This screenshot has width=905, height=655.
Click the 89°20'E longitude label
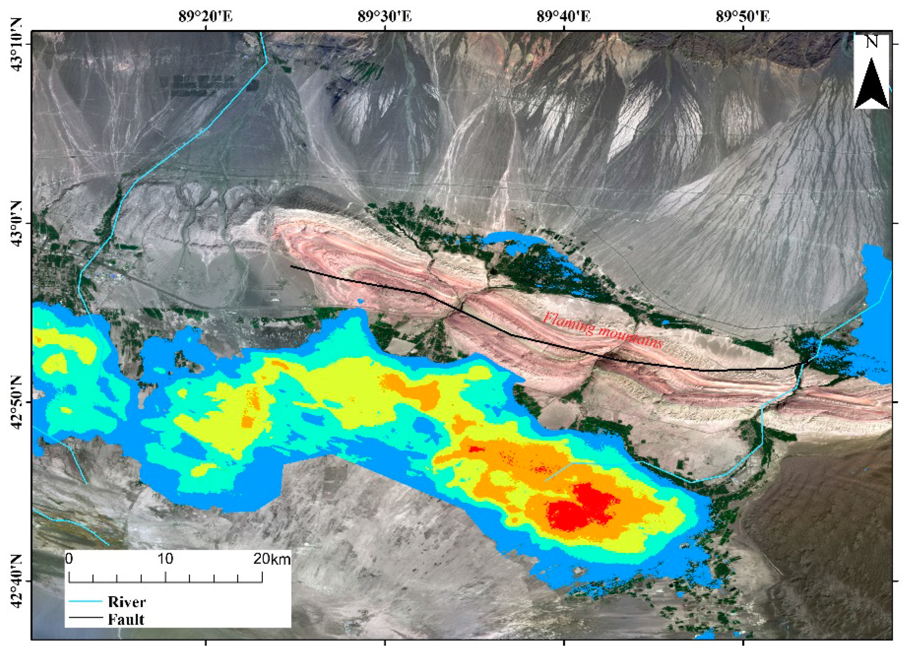click(x=206, y=17)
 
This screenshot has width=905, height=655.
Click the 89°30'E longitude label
click(x=385, y=17)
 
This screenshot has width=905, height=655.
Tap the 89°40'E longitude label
click(x=564, y=17)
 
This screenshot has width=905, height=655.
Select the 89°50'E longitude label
click(x=743, y=17)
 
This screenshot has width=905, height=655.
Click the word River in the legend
click(x=127, y=602)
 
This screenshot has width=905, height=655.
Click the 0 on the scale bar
click(x=69, y=559)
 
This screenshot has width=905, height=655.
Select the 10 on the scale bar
click(x=165, y=559)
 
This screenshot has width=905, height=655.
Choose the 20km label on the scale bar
click(x=272, y=559)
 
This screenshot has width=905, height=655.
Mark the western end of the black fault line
click(x=291, y=266)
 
